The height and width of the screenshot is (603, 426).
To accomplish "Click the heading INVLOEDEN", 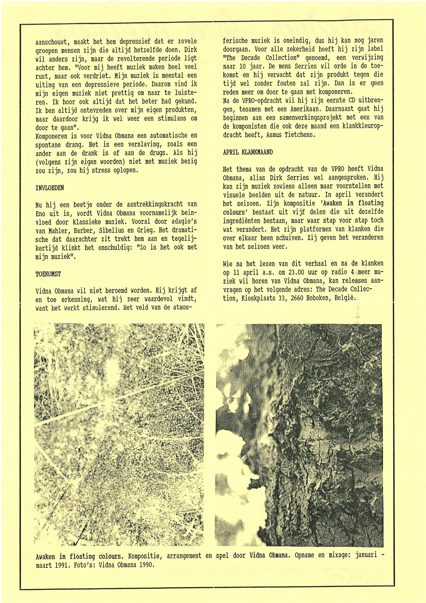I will click(50, 188).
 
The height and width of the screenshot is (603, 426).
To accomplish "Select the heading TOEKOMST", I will click(48, 274).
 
